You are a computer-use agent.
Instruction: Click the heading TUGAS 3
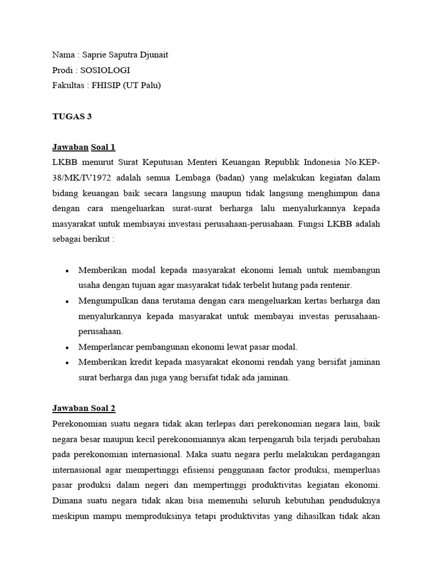coord(72,117)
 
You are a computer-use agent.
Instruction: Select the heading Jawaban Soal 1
coord(83,147)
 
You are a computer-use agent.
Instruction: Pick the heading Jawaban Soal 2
coord(83,408)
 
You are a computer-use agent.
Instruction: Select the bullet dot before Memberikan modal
coord(67,270)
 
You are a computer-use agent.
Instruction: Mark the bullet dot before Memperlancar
coord(67,347)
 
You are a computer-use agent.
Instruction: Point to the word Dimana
coord(68,500)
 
